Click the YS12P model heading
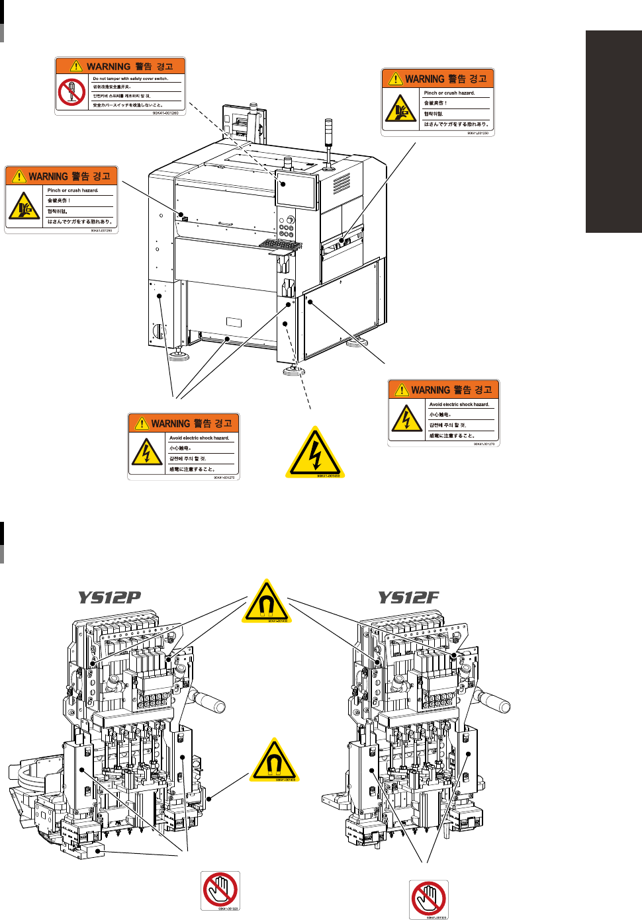(x=110, y=598)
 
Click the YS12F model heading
(x=408, y=598)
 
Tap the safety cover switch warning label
(x=120, y=86)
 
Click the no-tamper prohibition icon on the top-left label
(x=71, y=93)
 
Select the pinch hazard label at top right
(x=437, y=103)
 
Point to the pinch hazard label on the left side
(x=62, y=199)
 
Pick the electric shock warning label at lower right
(x=443, y=413)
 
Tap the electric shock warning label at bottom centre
(x=183, y=446)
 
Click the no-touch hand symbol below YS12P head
(x=220, y=890)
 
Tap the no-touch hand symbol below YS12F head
(x=428, y=899)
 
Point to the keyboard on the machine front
(x=280, y=245)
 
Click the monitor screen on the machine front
(x=297, y=190)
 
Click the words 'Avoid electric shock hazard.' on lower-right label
(x=459, y=404)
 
